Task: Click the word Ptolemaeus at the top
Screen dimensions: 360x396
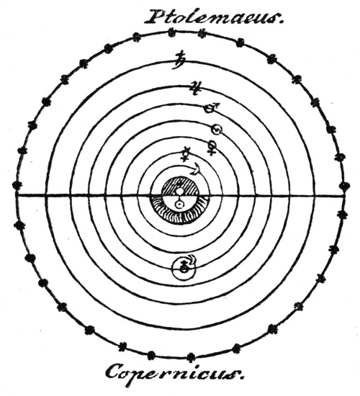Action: [212, 17]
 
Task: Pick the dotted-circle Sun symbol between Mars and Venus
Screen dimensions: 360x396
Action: [217, 130]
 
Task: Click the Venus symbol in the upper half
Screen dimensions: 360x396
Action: [212, 148]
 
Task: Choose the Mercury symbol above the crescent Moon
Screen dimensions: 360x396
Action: [186, 154]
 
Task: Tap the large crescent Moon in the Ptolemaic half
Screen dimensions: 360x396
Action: [196, 168]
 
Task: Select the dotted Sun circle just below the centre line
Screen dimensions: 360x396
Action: [179, 204]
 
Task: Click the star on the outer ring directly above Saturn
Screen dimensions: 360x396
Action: [172, 32]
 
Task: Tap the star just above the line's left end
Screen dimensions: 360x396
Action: [17, 185]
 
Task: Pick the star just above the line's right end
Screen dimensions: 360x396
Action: [344, 186]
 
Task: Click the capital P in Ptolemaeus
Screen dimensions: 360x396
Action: [155, 16]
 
